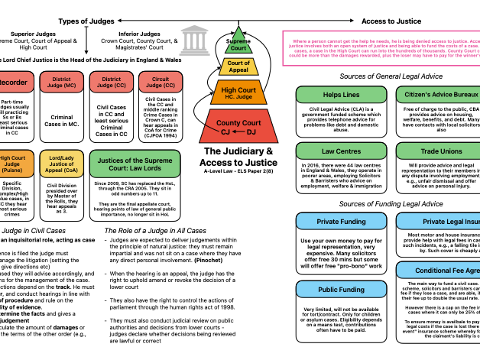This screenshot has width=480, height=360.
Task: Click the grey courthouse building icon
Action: coord(194,41)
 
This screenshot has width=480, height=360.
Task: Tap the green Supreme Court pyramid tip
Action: coord(238,43)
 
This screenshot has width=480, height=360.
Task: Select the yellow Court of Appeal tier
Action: coord(238,66)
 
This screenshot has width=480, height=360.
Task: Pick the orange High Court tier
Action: coord(238,92)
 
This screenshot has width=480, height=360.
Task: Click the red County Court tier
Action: coord(238,126)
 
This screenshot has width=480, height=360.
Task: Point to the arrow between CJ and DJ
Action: coord(238,132)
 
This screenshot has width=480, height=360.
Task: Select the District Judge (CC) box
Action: coord(112,82)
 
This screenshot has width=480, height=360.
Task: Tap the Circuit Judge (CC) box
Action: coord(161,82)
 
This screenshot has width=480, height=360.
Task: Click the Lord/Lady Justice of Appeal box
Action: coord(62,164)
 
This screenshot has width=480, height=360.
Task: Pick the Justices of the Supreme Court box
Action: coord(135,164)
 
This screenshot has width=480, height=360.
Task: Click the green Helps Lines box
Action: coord(341,95)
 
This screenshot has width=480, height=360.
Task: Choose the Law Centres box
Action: coord(341,151)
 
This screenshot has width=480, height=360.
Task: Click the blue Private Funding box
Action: coord(341,222)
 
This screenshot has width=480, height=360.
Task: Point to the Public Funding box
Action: coord(341,290)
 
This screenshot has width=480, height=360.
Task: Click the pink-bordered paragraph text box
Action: coord(381,48)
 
